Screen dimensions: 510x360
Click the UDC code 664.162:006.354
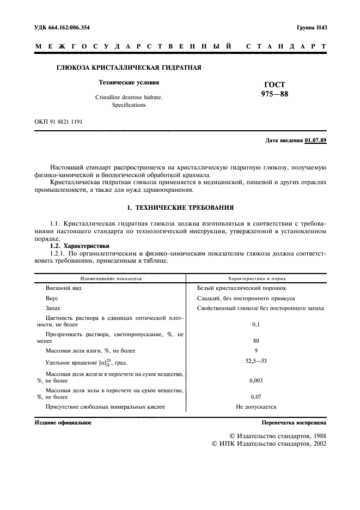pyautogui.click(x=63, y=27)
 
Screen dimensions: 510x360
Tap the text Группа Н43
pyautogui.click(x=311, y=27)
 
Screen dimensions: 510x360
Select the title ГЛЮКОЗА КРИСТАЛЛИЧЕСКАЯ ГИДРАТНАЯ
pyautogui.click(x=129, y=68)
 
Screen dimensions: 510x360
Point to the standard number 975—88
pyautogui.click(x=274, y=94)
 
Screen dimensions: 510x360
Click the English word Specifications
pyautogui.click(x=129, y=105)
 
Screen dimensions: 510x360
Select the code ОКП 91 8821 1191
pyautogui.click(x=59, y=122)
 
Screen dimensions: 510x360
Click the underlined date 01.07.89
pyautogui.click(x=316, y=141)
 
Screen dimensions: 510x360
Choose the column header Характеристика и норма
pyautogui.click(x=256, y=277)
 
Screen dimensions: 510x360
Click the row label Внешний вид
pyautogui.click(x=64, y=288)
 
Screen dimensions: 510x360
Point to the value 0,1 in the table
pyautogui.click(x=256, y=324)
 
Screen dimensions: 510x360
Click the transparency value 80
pyautogui.click(x=256, y=341)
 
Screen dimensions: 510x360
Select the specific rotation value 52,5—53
pyautogui.click(x=256, y=361)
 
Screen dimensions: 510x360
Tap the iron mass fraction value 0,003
pyautogui.click(x=256, y=380)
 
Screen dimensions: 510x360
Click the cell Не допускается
pyautogui.click(x=256, y=406)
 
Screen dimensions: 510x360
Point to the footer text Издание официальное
pyautogui.click(x=63, y=422)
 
